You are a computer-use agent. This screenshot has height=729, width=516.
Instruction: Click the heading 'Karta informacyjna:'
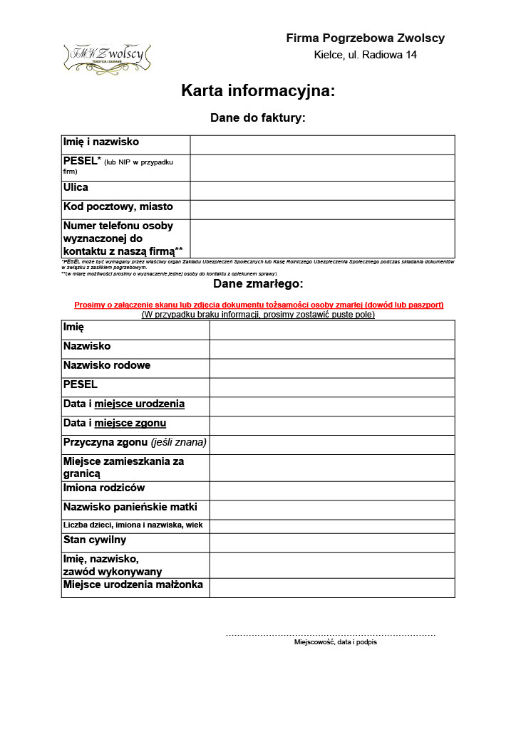pos(257,91)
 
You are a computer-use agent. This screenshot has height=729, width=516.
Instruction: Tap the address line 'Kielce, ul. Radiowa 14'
pos(365,55)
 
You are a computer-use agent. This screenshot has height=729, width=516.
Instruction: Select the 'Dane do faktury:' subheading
pos(257,117)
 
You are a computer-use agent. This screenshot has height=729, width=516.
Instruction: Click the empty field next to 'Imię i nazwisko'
pos(322,145)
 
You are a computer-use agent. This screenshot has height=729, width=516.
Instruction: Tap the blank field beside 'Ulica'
pos(322,190)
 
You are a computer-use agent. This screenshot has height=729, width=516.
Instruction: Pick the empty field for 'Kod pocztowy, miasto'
pos(322,209)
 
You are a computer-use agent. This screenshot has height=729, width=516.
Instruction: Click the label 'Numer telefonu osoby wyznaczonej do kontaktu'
pos(123,238)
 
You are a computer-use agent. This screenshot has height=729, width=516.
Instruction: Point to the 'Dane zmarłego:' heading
pos(257,284)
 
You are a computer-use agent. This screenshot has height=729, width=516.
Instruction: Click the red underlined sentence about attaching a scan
pos(259,305)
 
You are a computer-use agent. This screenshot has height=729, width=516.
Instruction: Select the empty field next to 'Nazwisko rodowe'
pos(331,368)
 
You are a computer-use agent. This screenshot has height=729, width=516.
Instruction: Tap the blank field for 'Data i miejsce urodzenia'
pos(331,407)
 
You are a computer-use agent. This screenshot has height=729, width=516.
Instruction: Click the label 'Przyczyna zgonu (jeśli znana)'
pos(135,442)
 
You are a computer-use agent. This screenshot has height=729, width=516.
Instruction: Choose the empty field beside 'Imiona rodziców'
pos(331,491)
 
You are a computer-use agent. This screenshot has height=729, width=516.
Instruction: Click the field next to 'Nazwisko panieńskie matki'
pos(331,510)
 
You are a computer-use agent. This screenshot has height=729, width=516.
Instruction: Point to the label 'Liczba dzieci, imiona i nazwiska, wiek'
pos(133,525)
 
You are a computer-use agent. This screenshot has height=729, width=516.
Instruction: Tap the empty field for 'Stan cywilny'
pos(331,542)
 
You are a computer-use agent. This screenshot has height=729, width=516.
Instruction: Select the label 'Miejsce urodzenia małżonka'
pos(133,585)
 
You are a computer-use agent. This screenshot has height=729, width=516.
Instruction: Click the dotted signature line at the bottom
pos(331,634)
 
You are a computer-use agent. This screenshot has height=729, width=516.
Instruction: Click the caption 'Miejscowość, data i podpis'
pos(336,642)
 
